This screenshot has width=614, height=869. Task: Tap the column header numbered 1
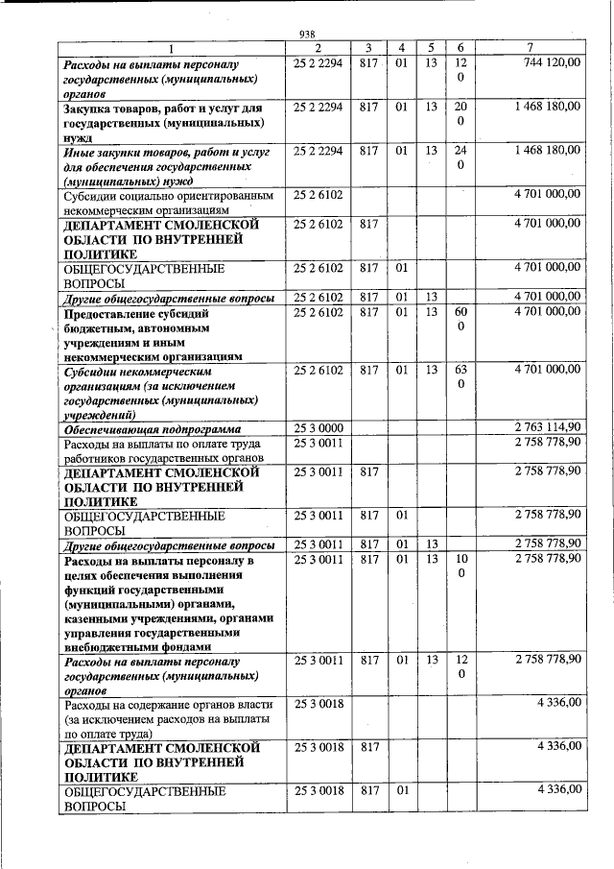(171, 48)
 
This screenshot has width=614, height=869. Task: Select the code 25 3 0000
(319, 427)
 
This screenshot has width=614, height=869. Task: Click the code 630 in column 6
(460, 376)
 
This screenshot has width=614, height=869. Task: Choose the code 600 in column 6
(460, 320)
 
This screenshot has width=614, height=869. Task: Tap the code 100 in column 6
(460, 566)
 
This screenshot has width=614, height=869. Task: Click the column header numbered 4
(402, 48)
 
